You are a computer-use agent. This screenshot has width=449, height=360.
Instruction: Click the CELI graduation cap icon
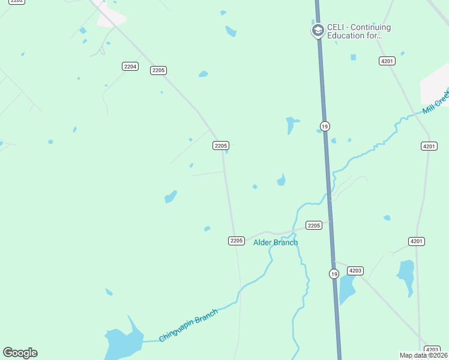point(318,31)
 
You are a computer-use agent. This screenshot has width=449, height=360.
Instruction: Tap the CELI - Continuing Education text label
point(358,31)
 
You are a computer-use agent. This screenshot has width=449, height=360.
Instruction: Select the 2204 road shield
point(130,66)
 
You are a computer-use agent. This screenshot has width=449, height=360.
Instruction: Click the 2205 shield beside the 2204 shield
point(158,70)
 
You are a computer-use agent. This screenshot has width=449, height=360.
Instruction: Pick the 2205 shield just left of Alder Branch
point(237,241)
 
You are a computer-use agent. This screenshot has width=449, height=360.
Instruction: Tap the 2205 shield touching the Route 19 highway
point(314,225)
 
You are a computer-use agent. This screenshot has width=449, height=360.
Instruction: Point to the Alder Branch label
point(276,242)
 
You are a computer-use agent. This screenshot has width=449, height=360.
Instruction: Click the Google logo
point(20,353)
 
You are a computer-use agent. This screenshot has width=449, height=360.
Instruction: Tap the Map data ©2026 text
point(424,355)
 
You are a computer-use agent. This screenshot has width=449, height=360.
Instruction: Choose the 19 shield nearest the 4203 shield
point(334,274)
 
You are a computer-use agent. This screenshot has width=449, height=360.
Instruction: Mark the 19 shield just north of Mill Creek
point(325,126)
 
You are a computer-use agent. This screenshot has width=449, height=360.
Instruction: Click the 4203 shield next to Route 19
point(355,271)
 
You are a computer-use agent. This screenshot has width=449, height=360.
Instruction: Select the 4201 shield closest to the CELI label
point(387,61)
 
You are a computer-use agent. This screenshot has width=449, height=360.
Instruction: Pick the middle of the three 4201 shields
point(429,146)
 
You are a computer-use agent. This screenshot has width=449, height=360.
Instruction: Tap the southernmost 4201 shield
point(417,241)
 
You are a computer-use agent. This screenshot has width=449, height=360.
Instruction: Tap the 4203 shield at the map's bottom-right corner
point(432,349)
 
